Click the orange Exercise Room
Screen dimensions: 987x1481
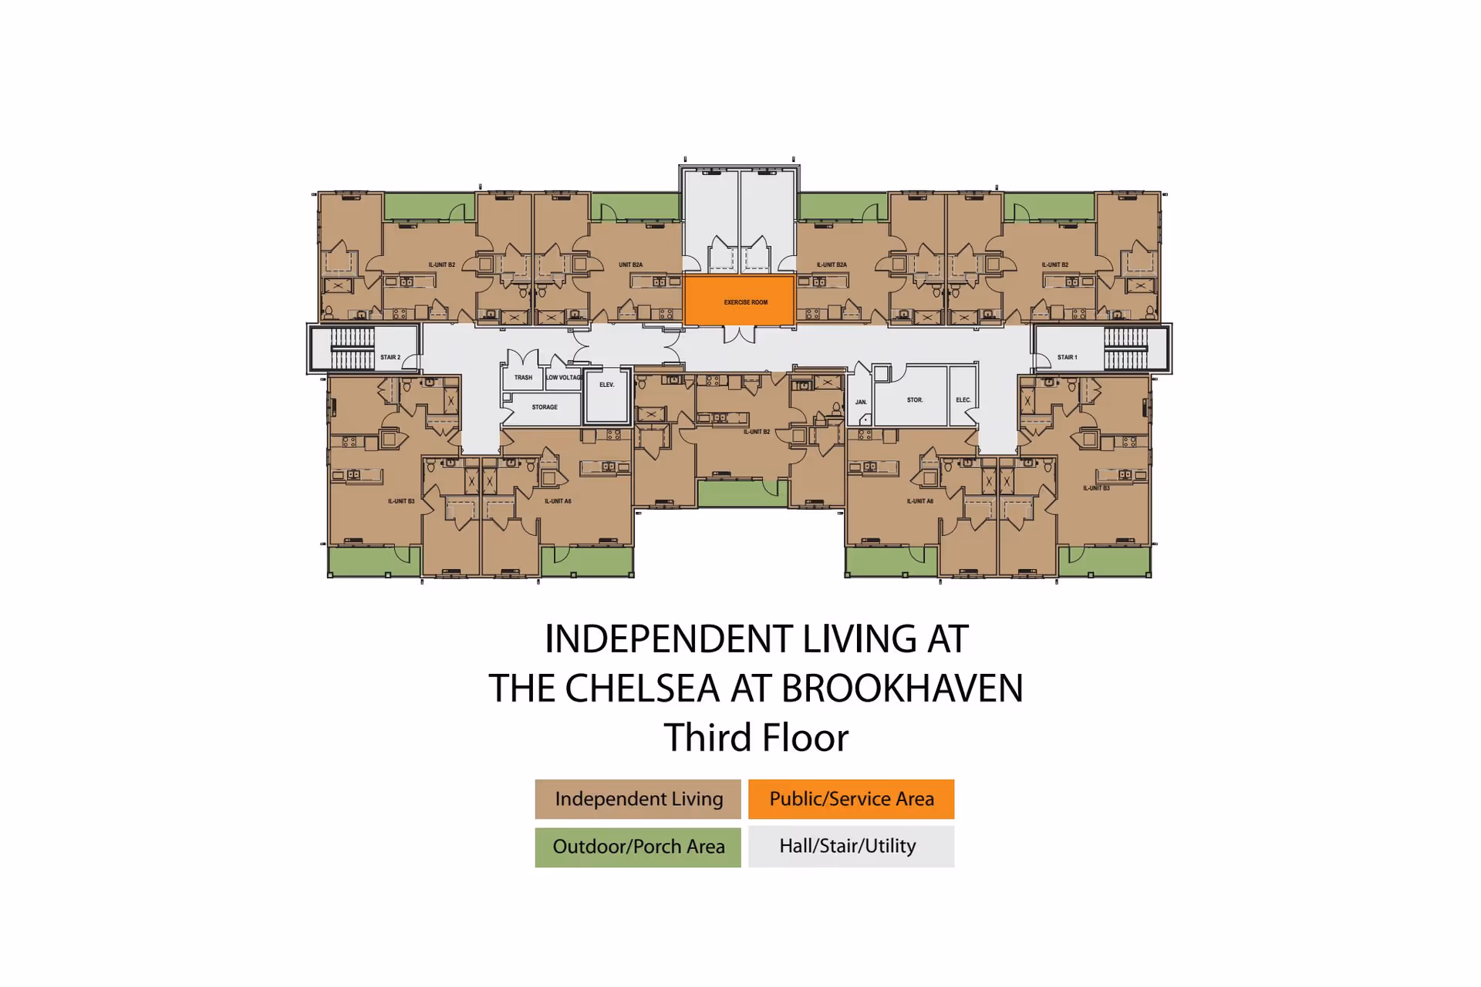(739, 301)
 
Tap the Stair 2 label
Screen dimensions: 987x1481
(390, 357)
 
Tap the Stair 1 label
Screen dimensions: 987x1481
(1067, 357)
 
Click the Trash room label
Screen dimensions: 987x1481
(523, 377)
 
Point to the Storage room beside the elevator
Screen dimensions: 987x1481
(544, 407)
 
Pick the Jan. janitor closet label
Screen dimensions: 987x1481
(861, 402)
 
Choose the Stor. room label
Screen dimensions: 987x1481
(914, 399)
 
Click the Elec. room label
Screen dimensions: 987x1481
(963, 399)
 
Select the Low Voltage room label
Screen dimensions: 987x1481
(564, 377)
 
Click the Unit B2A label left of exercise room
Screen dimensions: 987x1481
(630, 264)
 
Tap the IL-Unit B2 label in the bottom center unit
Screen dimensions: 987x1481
(756, 432)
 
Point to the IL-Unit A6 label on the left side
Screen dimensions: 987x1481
(558, 501)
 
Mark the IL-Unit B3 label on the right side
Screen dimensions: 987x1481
(1095, 488)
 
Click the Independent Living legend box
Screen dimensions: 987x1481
(638, 799)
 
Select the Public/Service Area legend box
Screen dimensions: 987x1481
(851, 799)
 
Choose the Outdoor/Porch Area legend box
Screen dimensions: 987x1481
(638, 847)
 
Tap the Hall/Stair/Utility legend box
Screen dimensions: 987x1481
(851, 847)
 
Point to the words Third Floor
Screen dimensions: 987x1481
(756, 738)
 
